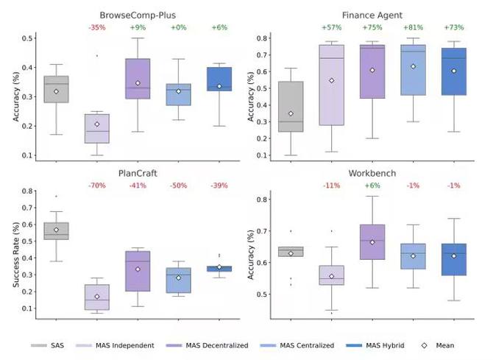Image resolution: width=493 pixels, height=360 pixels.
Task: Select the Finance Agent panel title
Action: [x=369, y=14]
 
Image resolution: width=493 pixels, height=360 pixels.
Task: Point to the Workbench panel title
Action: [x=369, y=174]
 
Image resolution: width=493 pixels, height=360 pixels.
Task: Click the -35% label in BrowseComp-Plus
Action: [x=96, y=28]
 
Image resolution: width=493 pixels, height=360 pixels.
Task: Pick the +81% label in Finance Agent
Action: [x=412, y=28]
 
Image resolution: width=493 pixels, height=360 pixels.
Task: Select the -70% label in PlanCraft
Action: [x=96, y=186]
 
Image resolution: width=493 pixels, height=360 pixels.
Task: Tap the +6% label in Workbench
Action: [x=372, y=186]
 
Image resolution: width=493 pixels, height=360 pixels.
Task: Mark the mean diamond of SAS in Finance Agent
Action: [x=290, y=113]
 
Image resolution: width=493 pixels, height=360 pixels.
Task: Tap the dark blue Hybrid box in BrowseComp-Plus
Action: [x=218, y=79]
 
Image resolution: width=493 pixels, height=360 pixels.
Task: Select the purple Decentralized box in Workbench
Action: [x=372, y=242]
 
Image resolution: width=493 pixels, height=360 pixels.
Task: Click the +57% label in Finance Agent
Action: [x=330, y=28]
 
